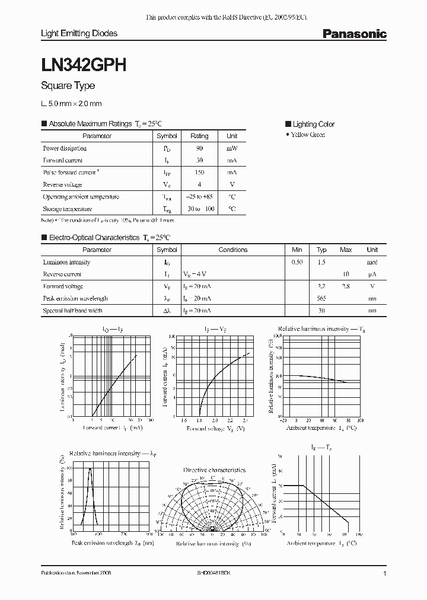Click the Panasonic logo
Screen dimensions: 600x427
pyautogui.click(x=354, y=34)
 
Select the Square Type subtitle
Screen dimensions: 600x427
pyautogui.click(x=68, y=86)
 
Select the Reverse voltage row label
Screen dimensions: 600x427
pyautogui.click(x=62, y=184)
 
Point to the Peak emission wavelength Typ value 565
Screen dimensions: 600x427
pyautogui.click(x=321, y=298)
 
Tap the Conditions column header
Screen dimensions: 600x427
pyautogui.click(x=232, y=250)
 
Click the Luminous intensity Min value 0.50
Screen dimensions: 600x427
pyautogui.click(x=297, y=262)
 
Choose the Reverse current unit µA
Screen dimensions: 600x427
pyautogui.click(x=372, y=274)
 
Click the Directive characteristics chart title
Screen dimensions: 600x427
pyautogui.click(x=214, y=470)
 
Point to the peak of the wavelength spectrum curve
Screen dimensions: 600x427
pyautogui.click(x=90, y=469)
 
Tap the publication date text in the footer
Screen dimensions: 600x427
pyautogui.click(x=76, y=574)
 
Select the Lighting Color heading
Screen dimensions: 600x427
pyautogui.click(x=313, y=124)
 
